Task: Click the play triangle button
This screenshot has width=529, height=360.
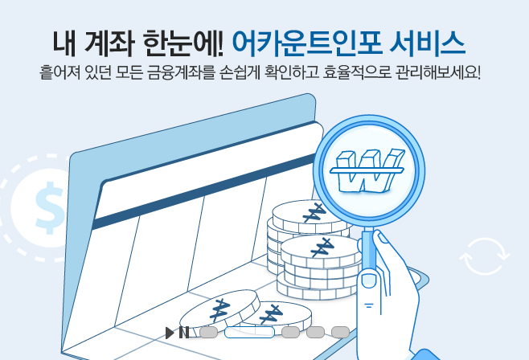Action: point(170,332)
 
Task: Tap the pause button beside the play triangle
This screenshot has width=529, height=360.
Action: point(184,332)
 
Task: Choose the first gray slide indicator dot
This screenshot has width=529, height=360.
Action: point(208,332)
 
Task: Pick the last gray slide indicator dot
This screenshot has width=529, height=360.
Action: point(340,332)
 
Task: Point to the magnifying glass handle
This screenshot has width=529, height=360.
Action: point(371,248)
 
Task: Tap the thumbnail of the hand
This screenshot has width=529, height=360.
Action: point(369,280)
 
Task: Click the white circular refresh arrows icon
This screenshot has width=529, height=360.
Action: point(485,256)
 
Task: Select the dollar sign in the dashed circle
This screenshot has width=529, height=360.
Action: point(50,204)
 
